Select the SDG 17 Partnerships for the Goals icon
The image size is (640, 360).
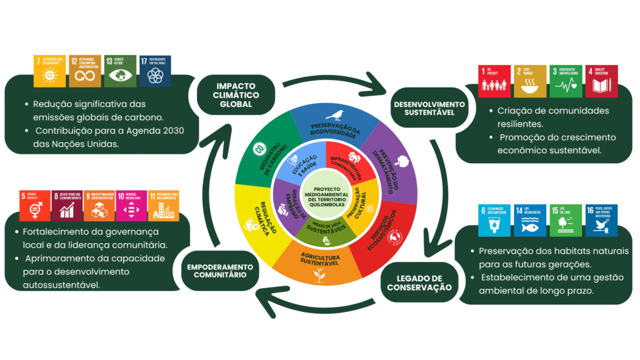pyautogui.click(x=155, y=71)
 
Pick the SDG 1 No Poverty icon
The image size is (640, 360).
pyautogui.click(x=490, y=81)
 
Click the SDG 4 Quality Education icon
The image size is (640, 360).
pyautogui.click(x=602, y=81)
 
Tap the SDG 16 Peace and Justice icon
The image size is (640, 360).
pyautogui.click(x=601, y=221)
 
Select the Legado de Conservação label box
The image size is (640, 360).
pyautogui.click(x=419, y=282)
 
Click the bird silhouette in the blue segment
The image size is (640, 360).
pyautogui.click(x=338, y=114)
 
